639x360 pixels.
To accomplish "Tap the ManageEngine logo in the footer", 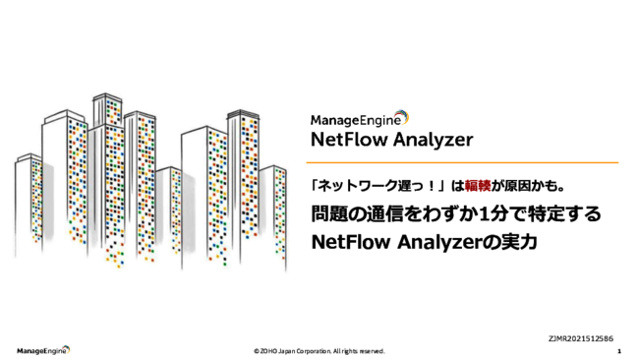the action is (41, 350).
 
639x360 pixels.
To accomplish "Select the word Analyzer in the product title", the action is (433, 138).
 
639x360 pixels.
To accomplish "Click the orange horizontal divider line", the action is (463, 162).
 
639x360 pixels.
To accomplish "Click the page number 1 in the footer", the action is (618, 350).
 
